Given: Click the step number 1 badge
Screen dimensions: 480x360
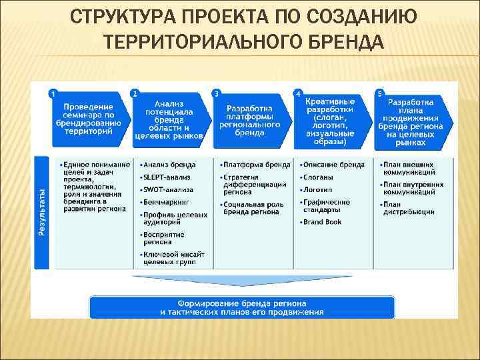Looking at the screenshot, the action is (53, 94).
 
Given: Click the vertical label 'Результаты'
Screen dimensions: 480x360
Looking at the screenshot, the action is (41, 212).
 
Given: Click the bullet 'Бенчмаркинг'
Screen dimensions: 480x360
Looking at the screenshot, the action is (165, 202).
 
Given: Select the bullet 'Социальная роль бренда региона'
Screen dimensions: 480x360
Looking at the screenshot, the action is (253, 208).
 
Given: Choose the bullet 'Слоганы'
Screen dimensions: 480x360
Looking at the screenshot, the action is (319, 177).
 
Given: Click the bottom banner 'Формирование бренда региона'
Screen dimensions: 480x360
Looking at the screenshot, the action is (241, 307).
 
